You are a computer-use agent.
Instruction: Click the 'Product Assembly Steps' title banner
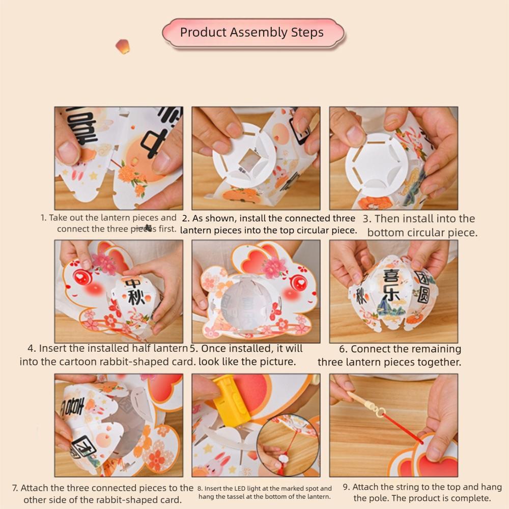click(x=252, y=33)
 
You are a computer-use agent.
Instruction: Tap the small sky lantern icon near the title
click(x=122, y=46)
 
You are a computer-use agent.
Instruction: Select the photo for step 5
click(x=256, y=291)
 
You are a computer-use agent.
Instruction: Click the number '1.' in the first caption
click(x=44, y=218)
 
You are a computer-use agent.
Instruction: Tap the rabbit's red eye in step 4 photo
click(x=81, y=277)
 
